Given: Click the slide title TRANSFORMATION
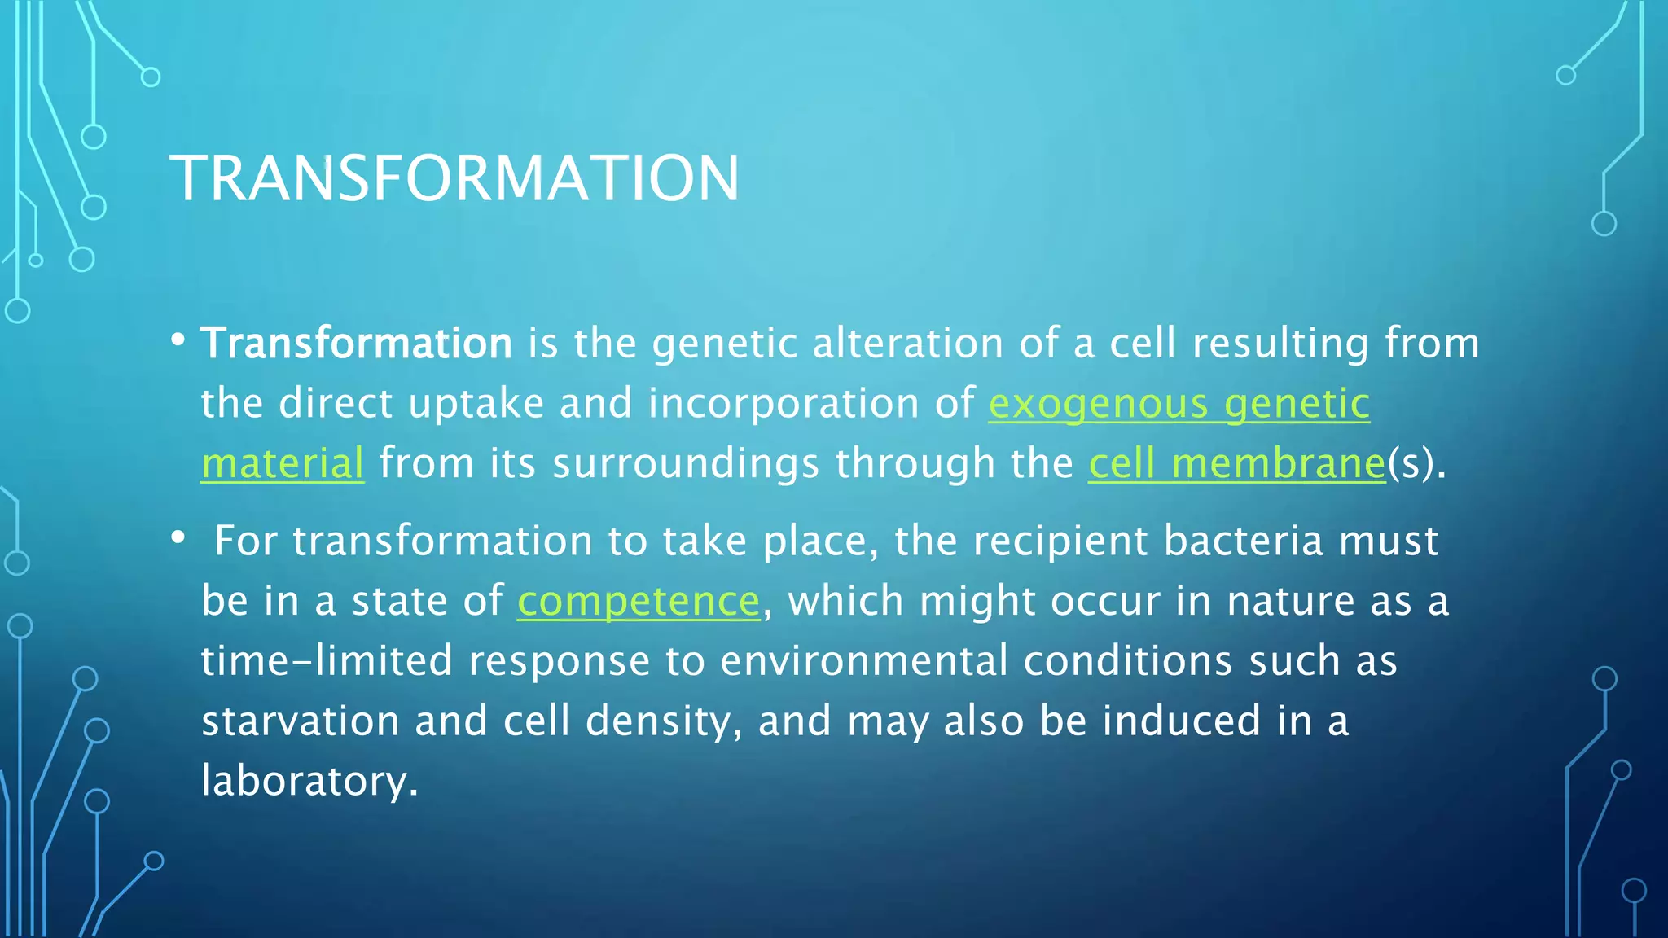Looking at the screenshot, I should [x=454, y=178].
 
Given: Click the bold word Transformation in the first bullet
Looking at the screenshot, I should [x=356, y=343].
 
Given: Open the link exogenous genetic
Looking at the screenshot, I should [x=1179, y=404].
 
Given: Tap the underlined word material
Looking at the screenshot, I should [x=282, y=463].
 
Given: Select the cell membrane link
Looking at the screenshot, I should [x=1236, y=463].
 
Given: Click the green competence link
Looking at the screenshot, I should [x=639, y=602].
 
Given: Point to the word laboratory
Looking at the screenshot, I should [x=309, y=781].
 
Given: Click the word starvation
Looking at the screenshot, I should [x=300, y=721].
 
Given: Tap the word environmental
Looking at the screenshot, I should [x=864, y=660].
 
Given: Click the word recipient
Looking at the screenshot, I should [x=1060, y=541].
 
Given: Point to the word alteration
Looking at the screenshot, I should [x=907, y=343].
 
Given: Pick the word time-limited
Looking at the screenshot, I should [x=326, y=660].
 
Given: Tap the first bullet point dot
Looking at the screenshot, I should [x=178, y=340].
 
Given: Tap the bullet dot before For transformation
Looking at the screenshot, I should [x=178, y=538].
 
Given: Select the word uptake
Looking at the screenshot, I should [x=476, y=404].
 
